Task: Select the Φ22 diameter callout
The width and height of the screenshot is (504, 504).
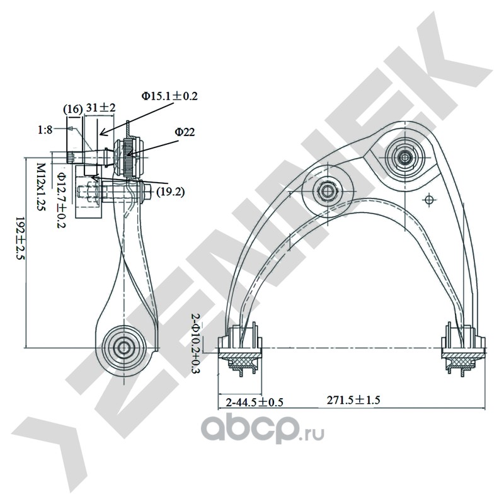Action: [185, 132]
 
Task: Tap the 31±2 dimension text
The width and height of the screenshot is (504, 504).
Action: [101, 108]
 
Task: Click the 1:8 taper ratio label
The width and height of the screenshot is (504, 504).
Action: [45, 130]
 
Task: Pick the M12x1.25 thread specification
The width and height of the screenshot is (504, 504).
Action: [40, 187]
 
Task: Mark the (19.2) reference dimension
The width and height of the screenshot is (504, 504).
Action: [170, 192]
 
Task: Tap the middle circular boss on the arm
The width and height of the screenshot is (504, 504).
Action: [328, 189]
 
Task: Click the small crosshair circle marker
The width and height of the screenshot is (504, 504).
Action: [430, 200]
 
